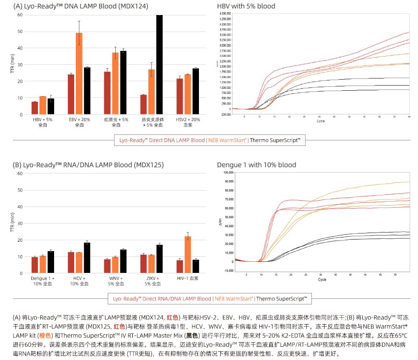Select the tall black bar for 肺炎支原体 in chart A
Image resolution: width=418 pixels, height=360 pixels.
159,65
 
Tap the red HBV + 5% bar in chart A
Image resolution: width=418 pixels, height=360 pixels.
35,108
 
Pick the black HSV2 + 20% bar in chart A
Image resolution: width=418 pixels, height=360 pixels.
196,91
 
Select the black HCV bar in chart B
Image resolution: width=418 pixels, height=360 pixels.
87,258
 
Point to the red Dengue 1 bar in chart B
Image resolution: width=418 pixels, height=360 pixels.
35,265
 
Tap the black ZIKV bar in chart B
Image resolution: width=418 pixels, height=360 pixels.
159,259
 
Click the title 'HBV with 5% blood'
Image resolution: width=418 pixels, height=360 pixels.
246,6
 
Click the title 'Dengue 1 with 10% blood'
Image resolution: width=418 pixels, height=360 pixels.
257,165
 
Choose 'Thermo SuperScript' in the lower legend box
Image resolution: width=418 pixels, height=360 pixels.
281,298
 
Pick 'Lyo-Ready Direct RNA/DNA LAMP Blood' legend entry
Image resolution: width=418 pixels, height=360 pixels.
162,298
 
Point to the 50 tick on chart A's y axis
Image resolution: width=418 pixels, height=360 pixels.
20,32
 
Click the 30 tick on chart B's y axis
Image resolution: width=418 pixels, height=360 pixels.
20,224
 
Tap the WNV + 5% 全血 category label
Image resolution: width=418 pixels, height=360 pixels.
116,281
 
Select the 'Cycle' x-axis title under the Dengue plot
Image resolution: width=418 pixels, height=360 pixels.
322,280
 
